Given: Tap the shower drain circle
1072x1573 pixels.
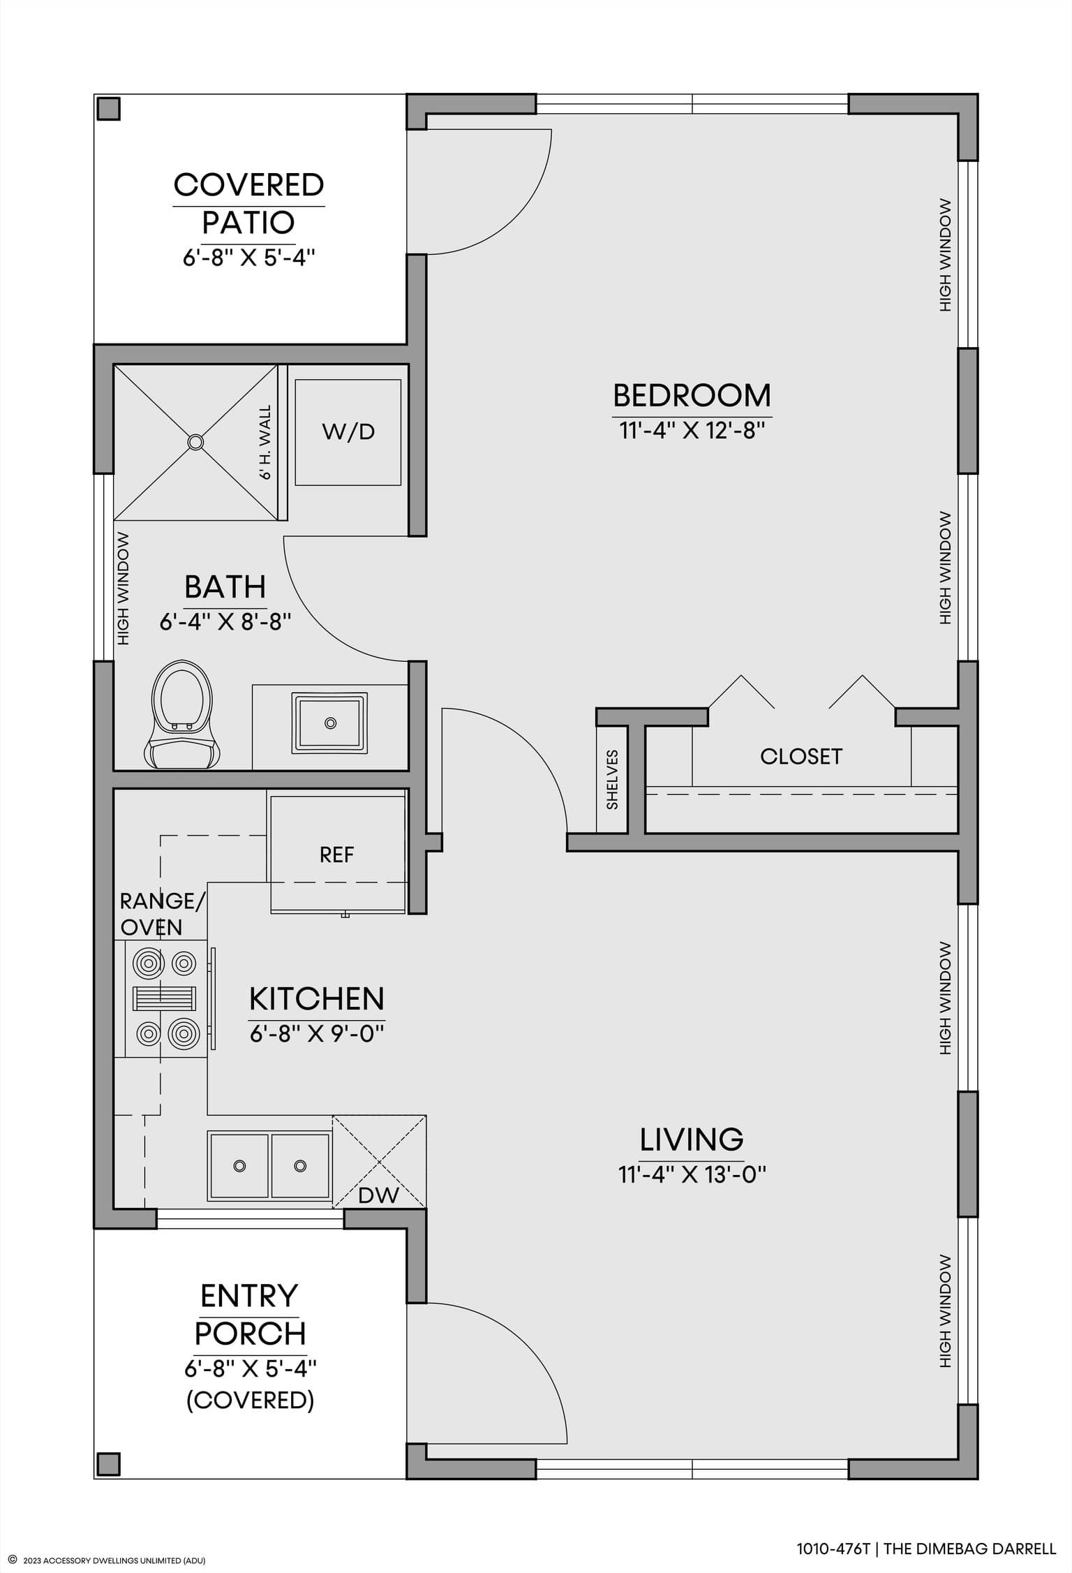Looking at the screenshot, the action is click(x=195, y=441).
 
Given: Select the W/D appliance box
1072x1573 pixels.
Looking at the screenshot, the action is click(x=348, y=432).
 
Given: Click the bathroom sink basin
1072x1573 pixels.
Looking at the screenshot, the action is click(x=330, y=723).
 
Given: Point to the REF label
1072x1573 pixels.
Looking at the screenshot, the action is click(x=337, y=855).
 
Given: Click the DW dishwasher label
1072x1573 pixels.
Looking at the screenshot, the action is click(x=378, y=1195).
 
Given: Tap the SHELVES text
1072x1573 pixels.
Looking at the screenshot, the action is click(x=612, y=779).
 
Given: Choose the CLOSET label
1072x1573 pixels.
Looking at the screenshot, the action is click(x=801, y=756).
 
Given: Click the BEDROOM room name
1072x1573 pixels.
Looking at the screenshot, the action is click(x=692, y=395).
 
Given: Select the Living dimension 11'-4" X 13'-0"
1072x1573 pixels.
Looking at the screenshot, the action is click(x=692, y=1174).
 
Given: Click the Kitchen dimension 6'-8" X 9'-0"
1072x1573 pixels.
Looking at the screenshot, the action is click(x=318, y=1033).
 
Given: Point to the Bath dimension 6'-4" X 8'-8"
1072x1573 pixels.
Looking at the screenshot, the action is click(x=225, y=621).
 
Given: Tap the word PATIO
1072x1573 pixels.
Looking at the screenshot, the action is click(x=248, y=223).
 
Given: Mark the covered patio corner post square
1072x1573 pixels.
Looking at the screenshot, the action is click(x=108, y=109).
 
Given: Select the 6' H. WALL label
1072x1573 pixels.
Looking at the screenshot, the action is click(x=265, y=443).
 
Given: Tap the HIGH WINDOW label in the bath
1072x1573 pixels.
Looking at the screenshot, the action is click(x=124, y=589).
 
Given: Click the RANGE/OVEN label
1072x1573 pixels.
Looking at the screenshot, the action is click(x=163, y=914).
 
